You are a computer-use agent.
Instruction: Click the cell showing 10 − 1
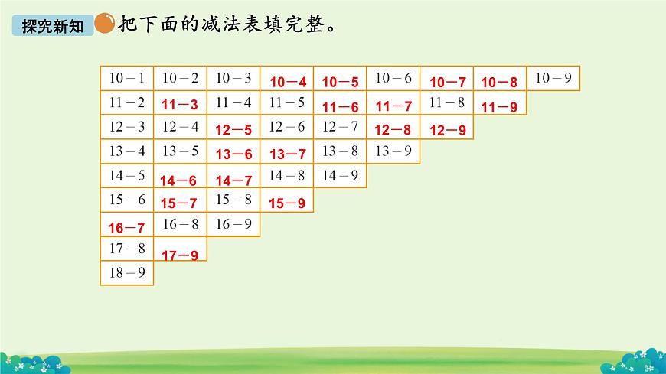127,78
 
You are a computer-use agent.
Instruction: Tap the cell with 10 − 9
553,78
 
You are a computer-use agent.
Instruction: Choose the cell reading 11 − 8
447,102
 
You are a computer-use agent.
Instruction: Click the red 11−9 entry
499,107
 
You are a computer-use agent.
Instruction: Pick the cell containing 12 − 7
341,127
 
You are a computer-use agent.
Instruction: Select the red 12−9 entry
448,130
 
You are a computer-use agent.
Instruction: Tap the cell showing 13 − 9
394,151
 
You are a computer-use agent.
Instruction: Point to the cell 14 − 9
341,175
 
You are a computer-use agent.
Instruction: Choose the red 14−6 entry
181,181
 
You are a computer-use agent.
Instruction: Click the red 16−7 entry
127,228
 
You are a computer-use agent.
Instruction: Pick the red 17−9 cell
181,255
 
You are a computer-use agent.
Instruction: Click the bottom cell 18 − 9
127,273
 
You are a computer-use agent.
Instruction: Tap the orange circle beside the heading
104,24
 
